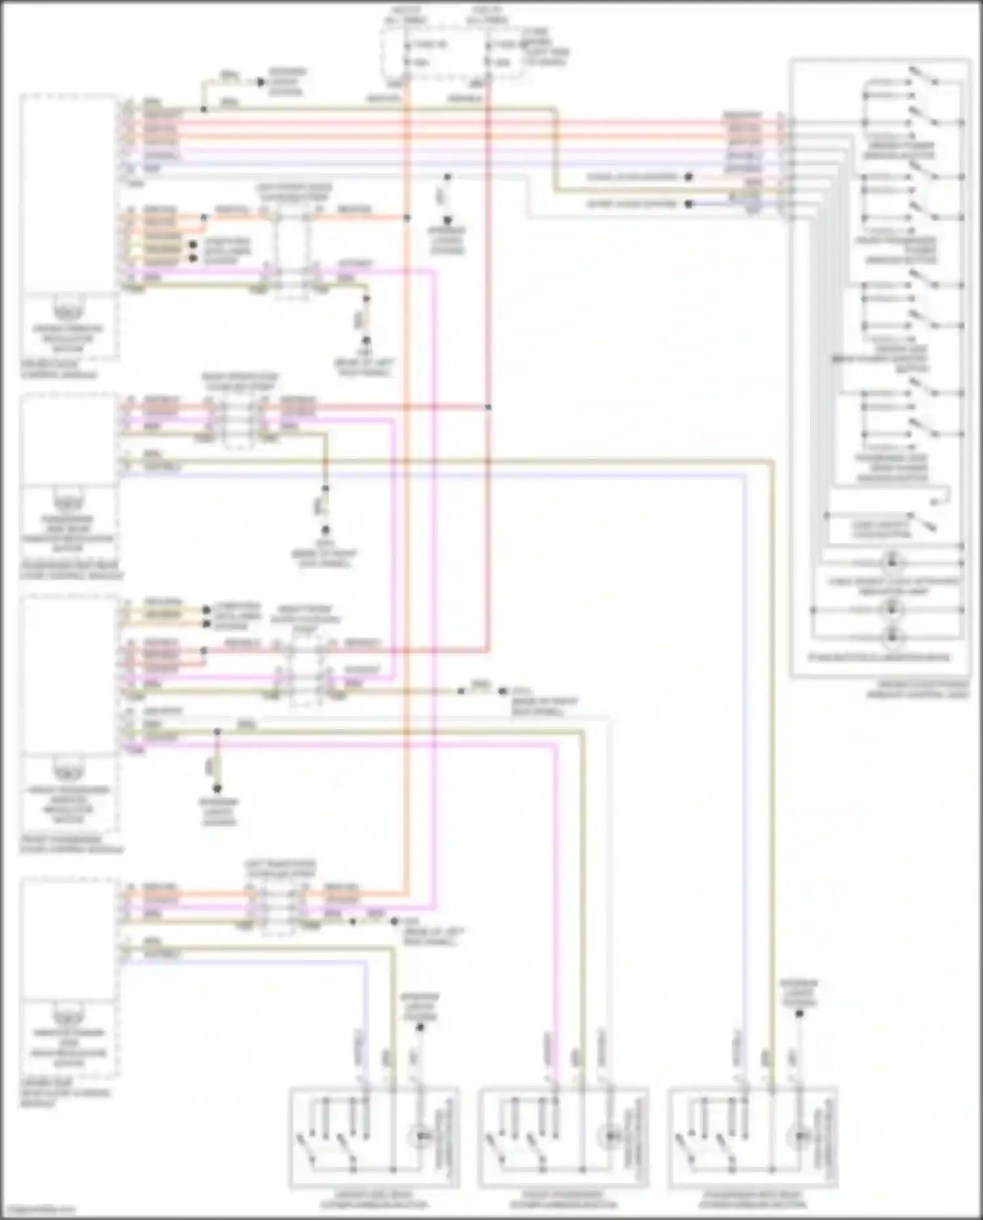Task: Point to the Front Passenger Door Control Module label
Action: (71, 844)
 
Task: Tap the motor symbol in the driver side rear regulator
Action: (69, 1017)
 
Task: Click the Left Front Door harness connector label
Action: (293, 192)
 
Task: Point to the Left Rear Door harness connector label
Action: (280, 869)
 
